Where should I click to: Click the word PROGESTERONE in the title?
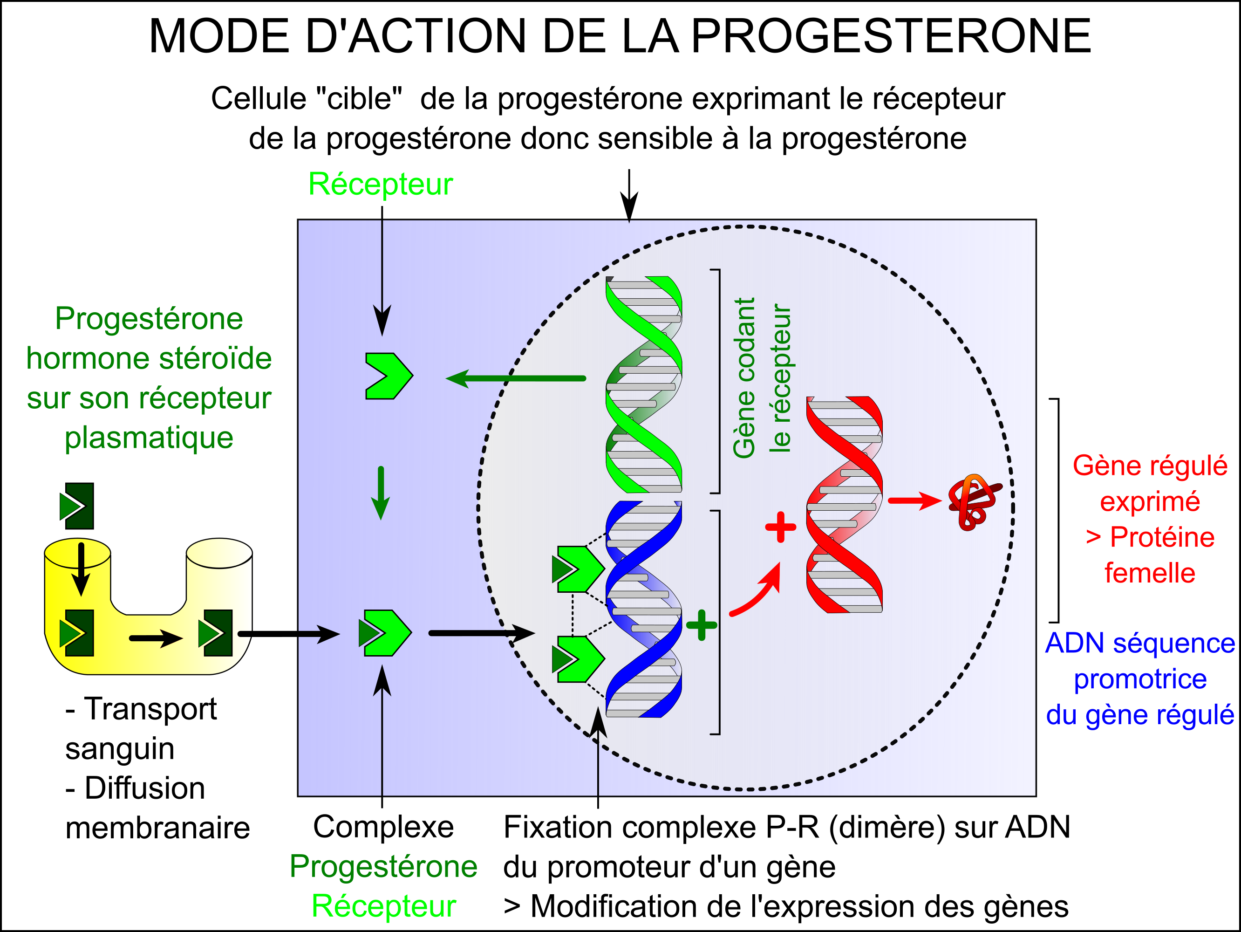pos(891,36)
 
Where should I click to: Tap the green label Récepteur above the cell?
pos(381,184)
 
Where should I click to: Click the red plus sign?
pos(780,528)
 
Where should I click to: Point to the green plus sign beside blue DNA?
pos(701,625)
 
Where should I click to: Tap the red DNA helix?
pos(845,504)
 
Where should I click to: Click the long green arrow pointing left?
pos(516,379)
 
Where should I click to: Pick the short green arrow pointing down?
pos(381,493)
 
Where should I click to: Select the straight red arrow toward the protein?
pos(915,500)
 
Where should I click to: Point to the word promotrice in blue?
pos(1140,679)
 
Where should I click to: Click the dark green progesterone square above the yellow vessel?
pos(77,506)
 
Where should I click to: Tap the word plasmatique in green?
pos(149,438)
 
